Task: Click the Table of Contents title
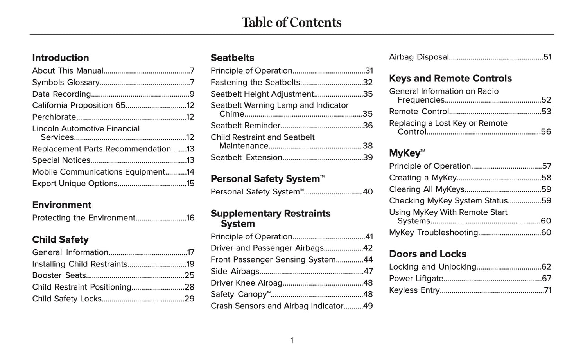tap(291, 22)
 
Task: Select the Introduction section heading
tap(61, 58)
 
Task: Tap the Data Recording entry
tap(61, 94)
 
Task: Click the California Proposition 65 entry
tap(79, 105)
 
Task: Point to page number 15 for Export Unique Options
tap(190, 184)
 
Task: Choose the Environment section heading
tap(62, 205)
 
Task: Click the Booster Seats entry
tap(59, 275)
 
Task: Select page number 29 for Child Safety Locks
tap(190, 299)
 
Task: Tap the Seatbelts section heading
tap(232, 58)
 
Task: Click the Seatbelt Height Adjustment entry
tap(262, 94)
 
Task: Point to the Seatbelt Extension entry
tap(246, 157)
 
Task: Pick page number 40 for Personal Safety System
tap(368, 192)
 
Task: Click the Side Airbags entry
tap(235, 271)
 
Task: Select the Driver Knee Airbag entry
tap(246, 283)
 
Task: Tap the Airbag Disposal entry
tap(419, 57)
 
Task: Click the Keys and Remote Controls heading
tap(450, 78)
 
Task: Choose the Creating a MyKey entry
tap(423, 178)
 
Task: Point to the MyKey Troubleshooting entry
tap(434, 232)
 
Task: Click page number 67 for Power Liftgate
tap(547, 279)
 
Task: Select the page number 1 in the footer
tap(292, 341)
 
